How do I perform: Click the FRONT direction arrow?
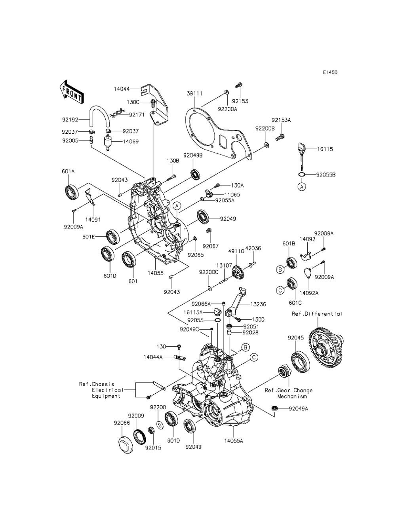click(71, 93)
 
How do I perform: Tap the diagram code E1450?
click(330, 72)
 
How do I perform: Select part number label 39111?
click(194, 94)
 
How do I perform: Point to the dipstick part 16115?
click(302, 156)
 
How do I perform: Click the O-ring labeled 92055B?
click(302, 175)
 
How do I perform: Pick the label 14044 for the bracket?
click(122, 89)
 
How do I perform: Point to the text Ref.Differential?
click(317, 314)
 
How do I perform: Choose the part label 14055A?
click(234, 441)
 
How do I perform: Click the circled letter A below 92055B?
click(301, 187)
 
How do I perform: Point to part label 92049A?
click(299, 408)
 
